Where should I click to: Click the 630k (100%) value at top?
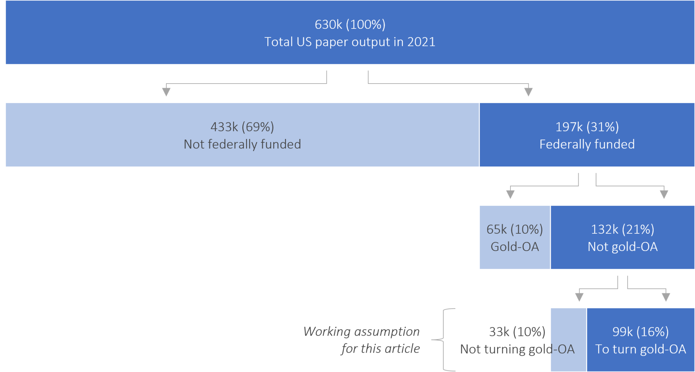click(x=350, y=24)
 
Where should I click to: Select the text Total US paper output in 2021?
click(x=350, y=42)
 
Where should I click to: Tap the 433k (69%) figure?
click(x=242, y=127)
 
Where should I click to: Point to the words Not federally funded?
click(x=242, y=144)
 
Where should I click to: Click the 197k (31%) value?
click(x=587, y=127)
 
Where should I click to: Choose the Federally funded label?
click(x=587, y=144)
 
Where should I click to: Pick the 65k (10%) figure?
click(x=514, y=229)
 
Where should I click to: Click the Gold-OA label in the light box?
click(x=514, y=247)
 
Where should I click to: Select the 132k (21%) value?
click(x=622, y=229)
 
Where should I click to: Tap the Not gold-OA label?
click(x=622, y=247)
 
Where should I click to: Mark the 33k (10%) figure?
click(x=517, y=332)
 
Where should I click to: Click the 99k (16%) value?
click(x=640, y=332)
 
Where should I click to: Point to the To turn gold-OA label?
click(x=640, y=349)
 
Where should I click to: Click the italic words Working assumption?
click(x=361, y=332)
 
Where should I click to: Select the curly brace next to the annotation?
click(x=443, y=339)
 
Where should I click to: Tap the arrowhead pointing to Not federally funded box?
click(x=166, y=92)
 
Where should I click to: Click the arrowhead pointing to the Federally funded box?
click(x=528, y=92)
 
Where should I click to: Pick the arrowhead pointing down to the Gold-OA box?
click(x=510, y=194)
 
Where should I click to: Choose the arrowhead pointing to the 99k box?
click(x=666, y=297)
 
